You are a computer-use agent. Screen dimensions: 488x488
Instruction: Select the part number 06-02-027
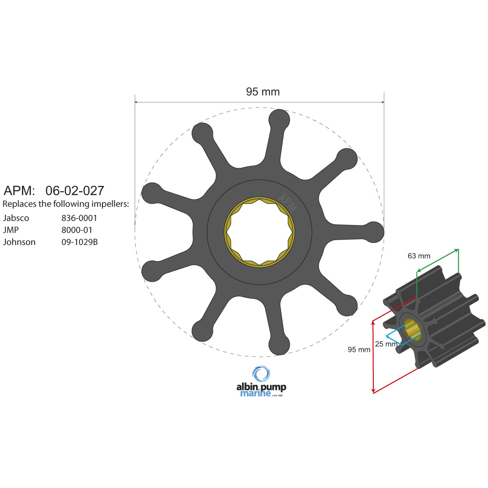75,190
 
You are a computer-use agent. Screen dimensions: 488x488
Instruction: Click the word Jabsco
16,218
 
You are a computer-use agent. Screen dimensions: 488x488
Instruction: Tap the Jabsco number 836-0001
79,218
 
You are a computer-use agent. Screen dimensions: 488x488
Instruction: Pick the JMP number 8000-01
76,230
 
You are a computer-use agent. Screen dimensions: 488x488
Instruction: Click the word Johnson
19,242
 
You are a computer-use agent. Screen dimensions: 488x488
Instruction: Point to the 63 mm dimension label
419,256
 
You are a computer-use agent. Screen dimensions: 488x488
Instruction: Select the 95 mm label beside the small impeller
359,349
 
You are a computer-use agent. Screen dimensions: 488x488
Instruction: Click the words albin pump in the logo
261,387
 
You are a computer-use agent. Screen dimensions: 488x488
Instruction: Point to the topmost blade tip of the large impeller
279,120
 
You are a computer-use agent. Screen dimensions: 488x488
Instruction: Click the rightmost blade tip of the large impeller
374,231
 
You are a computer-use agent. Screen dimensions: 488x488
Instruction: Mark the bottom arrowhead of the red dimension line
373,391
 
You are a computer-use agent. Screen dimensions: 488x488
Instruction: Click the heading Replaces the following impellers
66,203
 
